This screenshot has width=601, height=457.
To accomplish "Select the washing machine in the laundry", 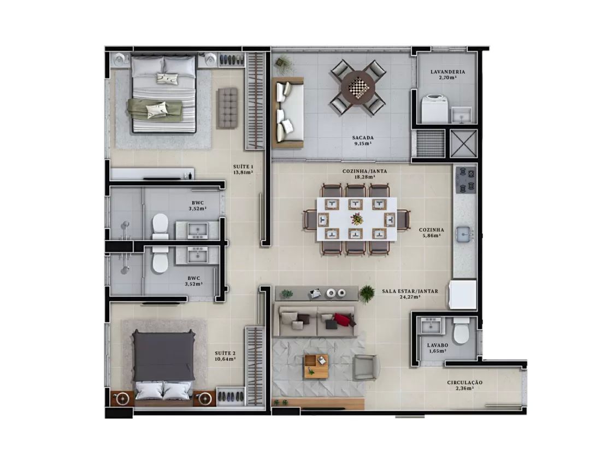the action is click(435, 109).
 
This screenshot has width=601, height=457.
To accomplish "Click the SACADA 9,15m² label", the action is click(363, 140).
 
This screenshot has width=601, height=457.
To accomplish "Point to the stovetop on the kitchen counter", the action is click(466, 180).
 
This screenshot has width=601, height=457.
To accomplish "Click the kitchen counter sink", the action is click(465, 234).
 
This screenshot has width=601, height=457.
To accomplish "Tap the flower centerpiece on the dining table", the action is click(357, 219).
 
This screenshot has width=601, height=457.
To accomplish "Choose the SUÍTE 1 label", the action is click(243, 169).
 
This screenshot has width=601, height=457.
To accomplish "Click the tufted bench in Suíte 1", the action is click(227, 108).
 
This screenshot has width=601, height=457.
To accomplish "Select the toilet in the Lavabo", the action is click(460, 331).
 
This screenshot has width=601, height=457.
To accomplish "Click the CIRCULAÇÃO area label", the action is click(464, 385).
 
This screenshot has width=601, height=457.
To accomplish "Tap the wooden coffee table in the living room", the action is click(316, 367).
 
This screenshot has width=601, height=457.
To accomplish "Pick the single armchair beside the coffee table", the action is click(366, 367).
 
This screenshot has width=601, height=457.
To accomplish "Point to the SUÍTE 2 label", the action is click(225, 356).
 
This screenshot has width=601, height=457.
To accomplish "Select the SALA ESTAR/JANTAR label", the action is click(410, 294).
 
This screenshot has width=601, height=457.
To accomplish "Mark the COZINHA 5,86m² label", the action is click(431, 233).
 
